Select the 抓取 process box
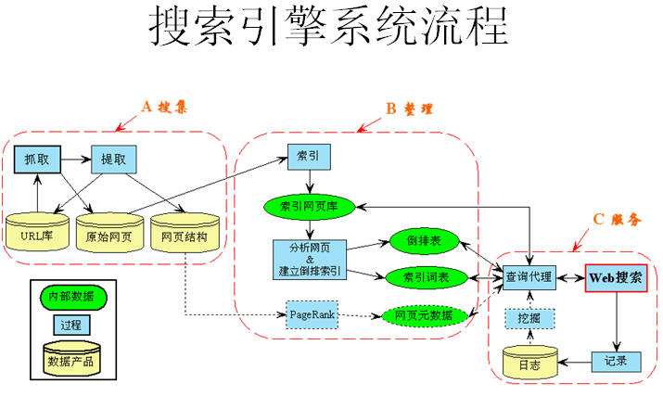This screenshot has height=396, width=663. [37, 160]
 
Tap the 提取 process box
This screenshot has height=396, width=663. [113, 160]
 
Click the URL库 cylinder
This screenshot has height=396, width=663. [38, 236]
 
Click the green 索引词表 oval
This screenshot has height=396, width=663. [422, 277]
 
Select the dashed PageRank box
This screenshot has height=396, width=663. [311, 315]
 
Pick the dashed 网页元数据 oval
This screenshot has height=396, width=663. [422, 316]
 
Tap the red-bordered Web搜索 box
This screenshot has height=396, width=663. [615, 278]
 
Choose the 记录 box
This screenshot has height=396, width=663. [615, 360]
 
